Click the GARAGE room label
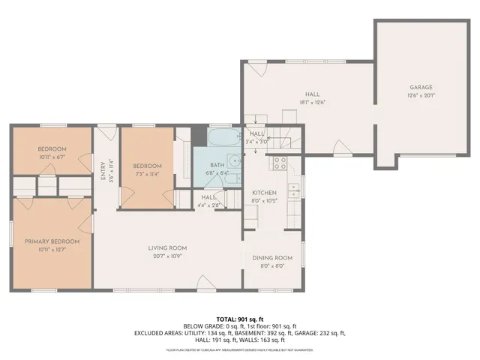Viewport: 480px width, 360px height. click(x=421, y=87)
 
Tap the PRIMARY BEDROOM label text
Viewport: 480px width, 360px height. click(x=52, y=241)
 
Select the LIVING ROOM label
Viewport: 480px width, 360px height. click(x=166, y=248)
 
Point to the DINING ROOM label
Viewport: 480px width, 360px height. click(x=271, y=257)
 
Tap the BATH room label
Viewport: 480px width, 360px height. click(x=217, y=165)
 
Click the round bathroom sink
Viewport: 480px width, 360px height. click(x=234, y=160)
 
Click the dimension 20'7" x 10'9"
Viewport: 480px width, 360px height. click(x=166, y=256)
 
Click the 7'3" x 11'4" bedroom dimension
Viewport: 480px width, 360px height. click(x=147, y=173)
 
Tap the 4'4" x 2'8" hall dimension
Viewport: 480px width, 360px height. click(x=208, y=205)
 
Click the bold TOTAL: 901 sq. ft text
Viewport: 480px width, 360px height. click(x=240, y=319)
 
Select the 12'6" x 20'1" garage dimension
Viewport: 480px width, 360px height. click(x=421, y=95)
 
